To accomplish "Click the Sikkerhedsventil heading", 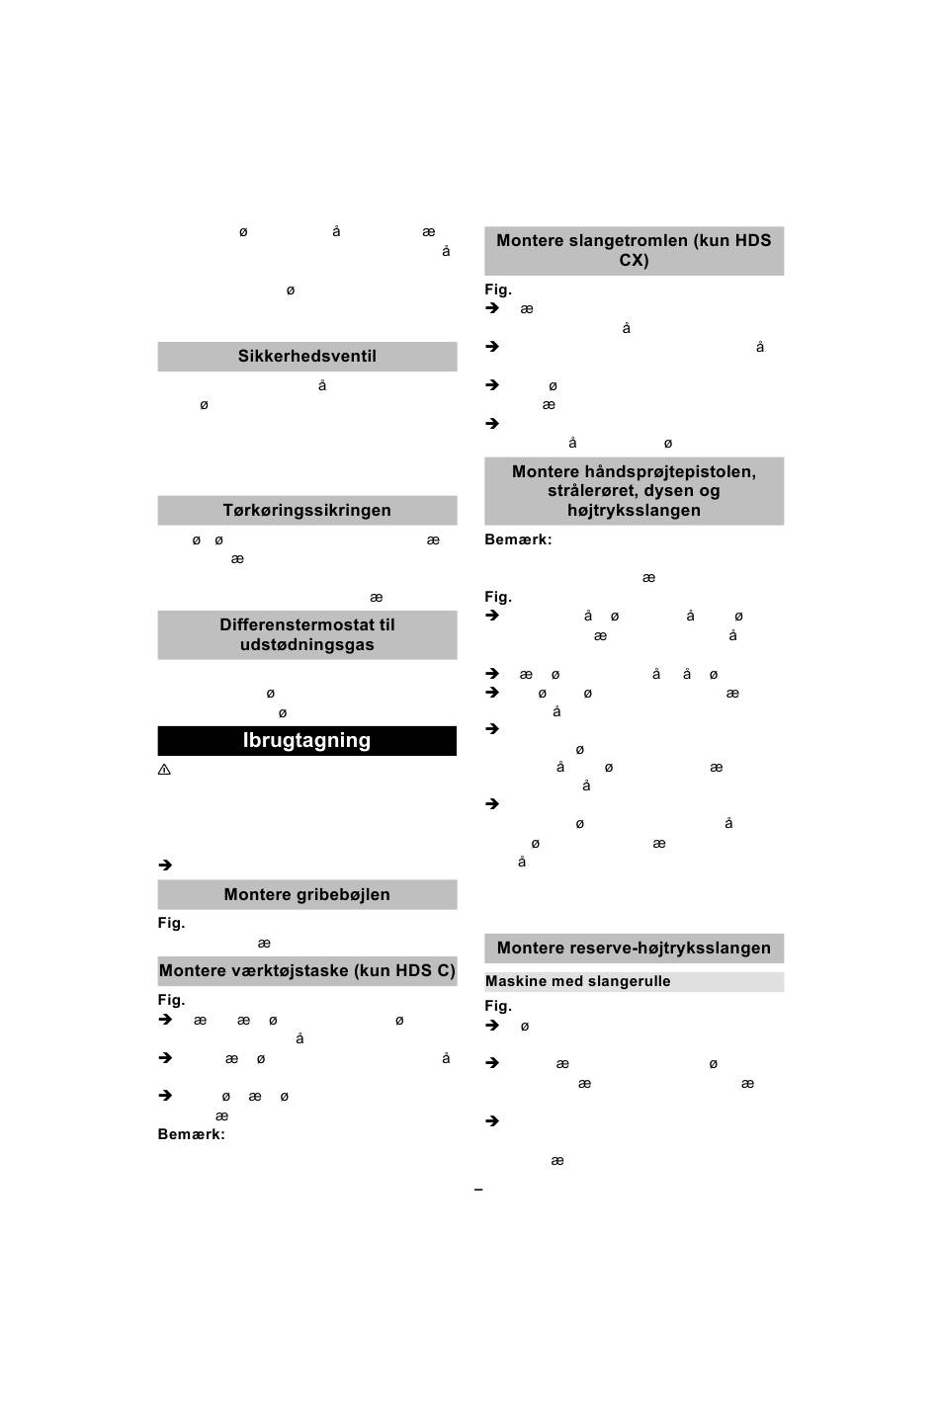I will (306, 357).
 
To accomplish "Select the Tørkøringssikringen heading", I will (306, 511).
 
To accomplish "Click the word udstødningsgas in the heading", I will (306, 645).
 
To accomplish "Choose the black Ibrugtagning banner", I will (306, 741).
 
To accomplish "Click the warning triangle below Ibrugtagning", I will (165, 770).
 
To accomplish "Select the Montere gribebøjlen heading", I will (306, 895).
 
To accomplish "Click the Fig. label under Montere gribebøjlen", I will (171, 924).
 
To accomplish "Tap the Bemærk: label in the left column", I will (191, 1135).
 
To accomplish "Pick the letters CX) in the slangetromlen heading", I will (634, 261).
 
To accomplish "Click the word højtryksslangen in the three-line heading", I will (634, 511).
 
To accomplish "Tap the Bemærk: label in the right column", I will (518, 540).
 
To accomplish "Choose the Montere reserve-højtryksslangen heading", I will (634, 949).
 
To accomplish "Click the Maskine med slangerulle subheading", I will (577, 982).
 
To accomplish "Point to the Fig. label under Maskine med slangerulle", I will (498, 1007).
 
